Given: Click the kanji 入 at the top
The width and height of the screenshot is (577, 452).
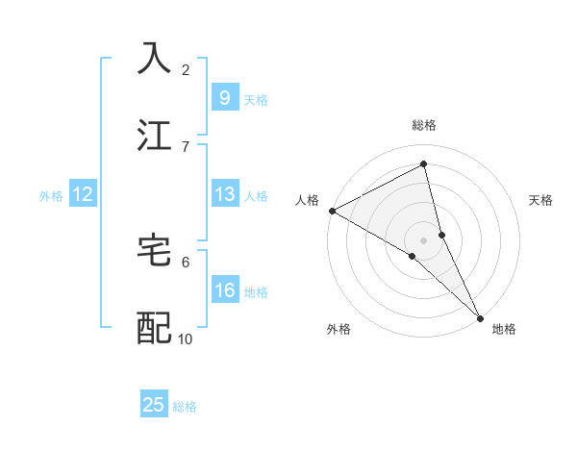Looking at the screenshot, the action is [x=155, y=58].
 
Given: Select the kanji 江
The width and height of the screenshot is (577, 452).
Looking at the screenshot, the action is [x=155, y=134].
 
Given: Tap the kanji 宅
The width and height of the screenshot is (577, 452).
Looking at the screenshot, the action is [x=155, y=250].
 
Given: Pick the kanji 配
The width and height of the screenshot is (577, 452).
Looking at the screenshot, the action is [x=155, y=327].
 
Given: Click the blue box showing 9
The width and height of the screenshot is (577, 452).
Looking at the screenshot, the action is [x=224, y=97].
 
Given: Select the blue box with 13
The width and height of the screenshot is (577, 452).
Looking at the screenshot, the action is [x=224, y=194].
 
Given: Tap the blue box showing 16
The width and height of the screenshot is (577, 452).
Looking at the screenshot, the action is [x=224, y=290].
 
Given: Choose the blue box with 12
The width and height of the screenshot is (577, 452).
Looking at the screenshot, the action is [x=83, y=194].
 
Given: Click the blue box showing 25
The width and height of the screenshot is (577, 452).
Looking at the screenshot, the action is [x=154, y=405].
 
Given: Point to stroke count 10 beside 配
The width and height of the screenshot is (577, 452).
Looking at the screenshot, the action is [x=185, y=339].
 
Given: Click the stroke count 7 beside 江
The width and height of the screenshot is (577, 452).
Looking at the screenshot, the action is [x=185, y=146].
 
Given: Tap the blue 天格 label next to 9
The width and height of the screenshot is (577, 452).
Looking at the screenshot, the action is [x=255, y=99].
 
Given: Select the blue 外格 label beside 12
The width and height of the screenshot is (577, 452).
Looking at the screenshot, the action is [x=51, y=196].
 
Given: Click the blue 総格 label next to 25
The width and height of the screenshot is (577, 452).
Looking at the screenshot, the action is [x=185, y=407].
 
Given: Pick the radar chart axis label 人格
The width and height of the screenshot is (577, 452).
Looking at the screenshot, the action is [x=308, y=200].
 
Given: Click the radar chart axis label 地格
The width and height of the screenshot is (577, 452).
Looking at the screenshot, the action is [x=504, y=329].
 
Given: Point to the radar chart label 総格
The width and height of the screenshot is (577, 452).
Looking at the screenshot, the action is [x=424, y=125].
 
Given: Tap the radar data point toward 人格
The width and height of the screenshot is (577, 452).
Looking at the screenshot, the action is [x=332, y=211].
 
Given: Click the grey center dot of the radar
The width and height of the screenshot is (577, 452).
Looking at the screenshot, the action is [x=424, y=238].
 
